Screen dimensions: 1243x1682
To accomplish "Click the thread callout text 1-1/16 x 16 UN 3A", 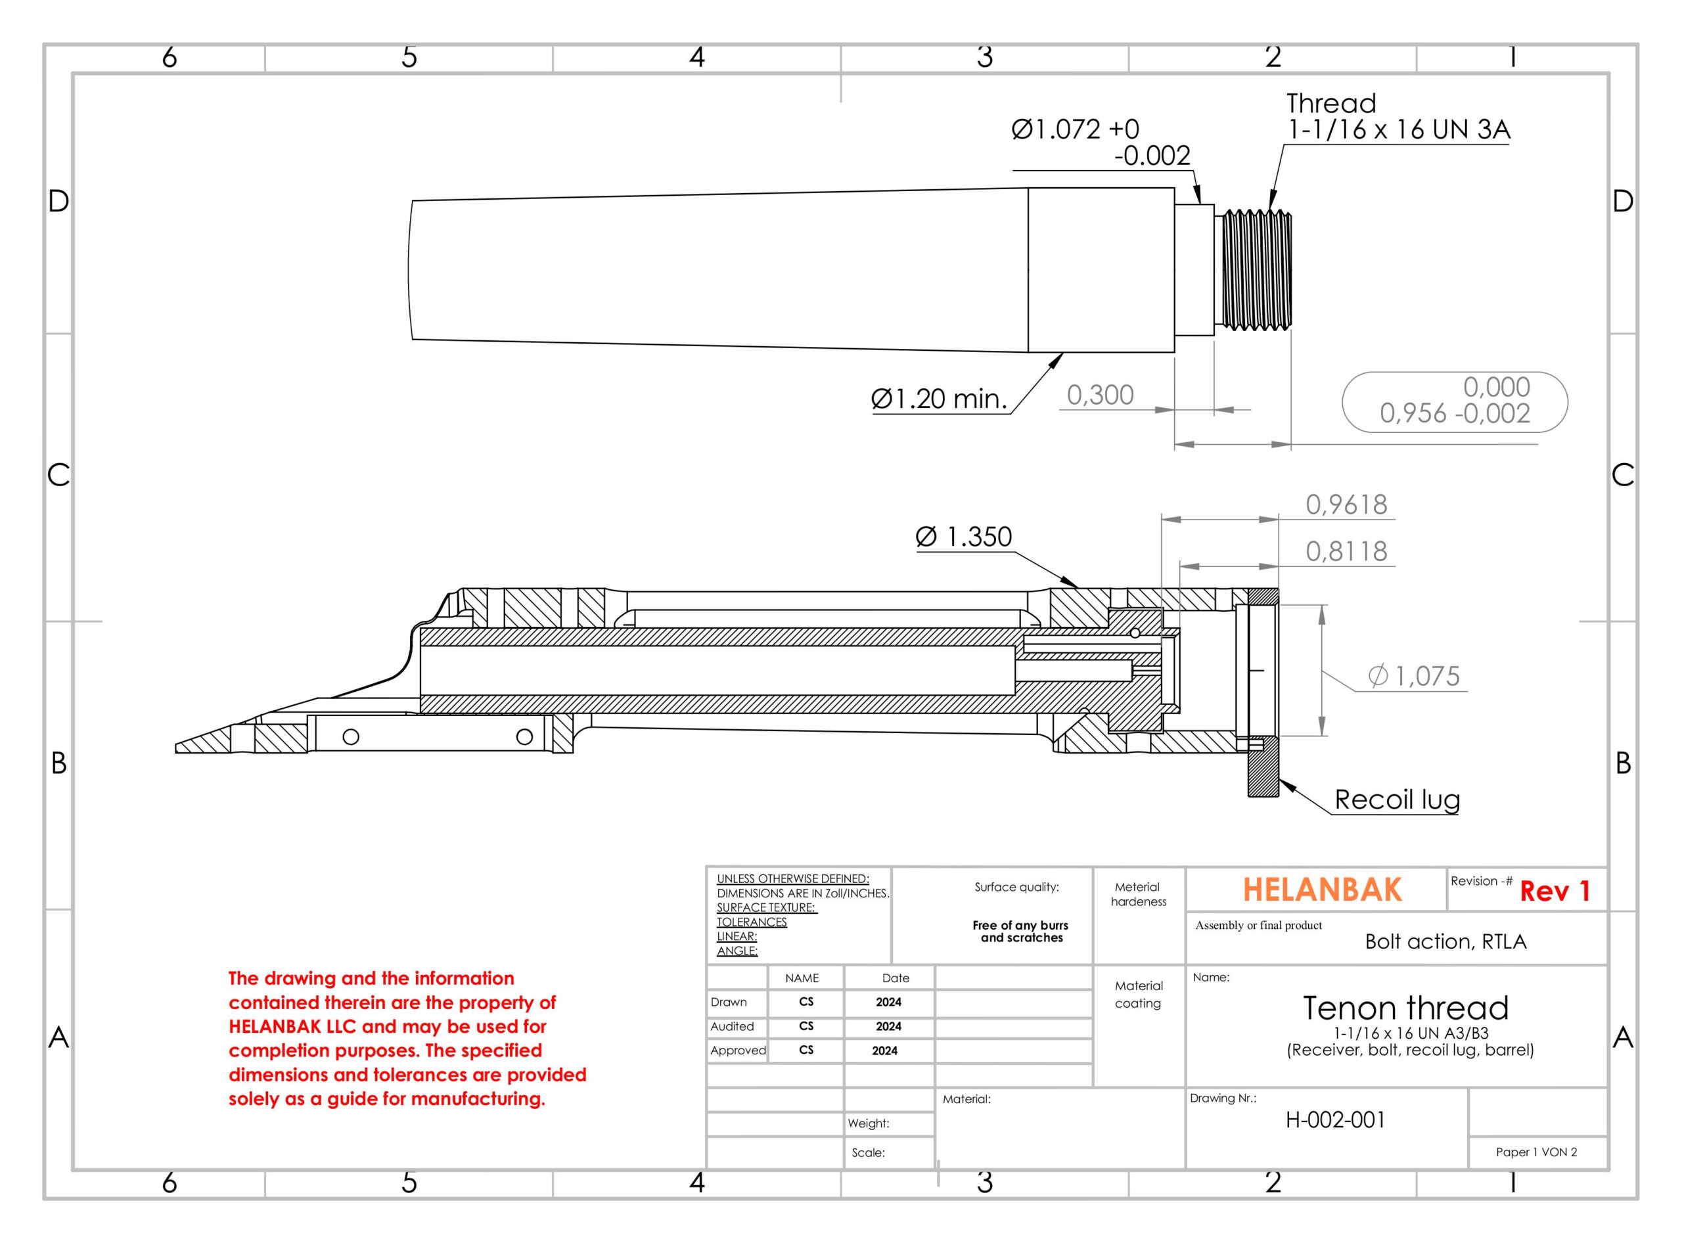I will coord(1398,130).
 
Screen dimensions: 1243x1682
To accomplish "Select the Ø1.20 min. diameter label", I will coord(938,399).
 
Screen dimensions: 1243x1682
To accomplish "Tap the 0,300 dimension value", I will coord(1099,395).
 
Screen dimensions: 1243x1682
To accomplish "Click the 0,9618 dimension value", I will coord(1346,504).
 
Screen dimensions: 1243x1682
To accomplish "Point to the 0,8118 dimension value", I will coord(1346,551).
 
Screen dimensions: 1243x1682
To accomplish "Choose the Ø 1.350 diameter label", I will coord(963,537).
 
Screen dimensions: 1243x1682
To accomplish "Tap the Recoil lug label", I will coord(1397,799).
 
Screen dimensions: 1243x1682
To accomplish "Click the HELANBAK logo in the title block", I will coord(1321,890).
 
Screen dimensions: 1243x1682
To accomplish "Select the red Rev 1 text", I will coord(1554,892).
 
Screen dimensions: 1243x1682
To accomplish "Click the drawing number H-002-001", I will coord(1335,1119).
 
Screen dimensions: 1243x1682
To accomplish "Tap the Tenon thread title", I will coord(1405,1008).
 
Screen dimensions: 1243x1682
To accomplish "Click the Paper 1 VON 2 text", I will coord(1536,1152).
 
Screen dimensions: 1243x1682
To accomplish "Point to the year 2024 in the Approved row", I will coord(884,1051).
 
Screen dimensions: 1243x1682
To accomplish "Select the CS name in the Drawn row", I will coord(806,1001).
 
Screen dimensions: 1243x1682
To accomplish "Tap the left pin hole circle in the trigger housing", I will coord(351,736).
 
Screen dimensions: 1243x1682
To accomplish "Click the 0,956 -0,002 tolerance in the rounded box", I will coord(1454,413).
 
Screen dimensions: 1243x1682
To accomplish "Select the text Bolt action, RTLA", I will coord(1445,941).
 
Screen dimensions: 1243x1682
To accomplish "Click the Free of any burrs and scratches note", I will coord(1020,932).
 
